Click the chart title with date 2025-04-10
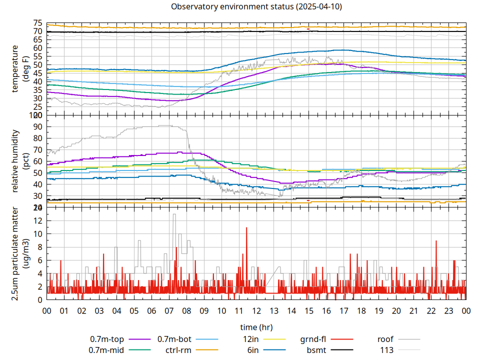pyautogui.click(x=256, y=7)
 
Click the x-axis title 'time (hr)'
pyautogui.click(x=256, y=327)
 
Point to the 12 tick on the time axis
pyautogui.click(x=256, y=310)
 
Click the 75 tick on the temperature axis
pyautogui.click(x=38, y=23)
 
